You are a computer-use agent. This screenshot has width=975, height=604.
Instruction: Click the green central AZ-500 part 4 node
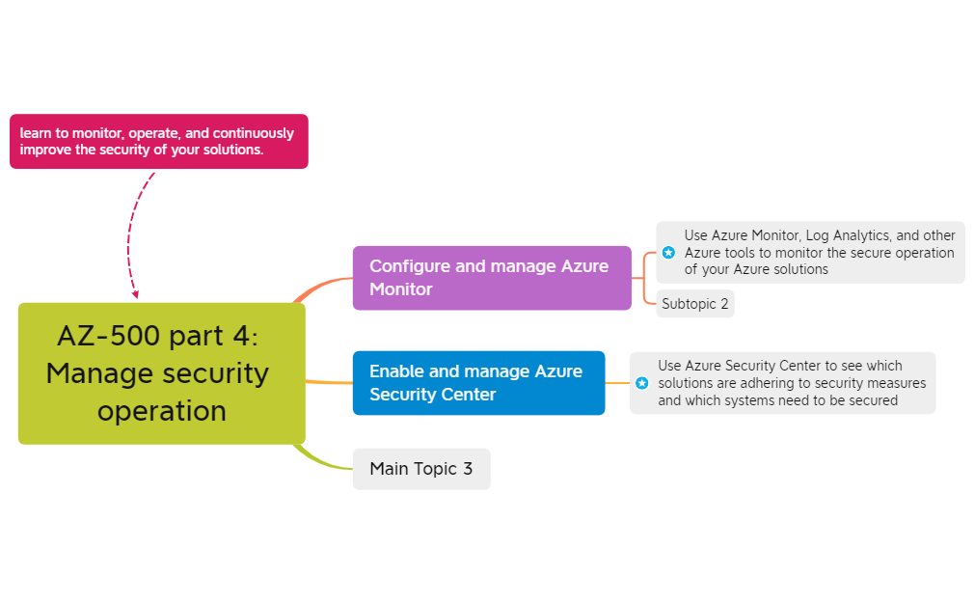161,373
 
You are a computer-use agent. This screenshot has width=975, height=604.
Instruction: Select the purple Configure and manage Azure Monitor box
491,278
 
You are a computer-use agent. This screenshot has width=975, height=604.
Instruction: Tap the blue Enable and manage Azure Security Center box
478,383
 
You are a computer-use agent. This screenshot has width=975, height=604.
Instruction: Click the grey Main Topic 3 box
421,469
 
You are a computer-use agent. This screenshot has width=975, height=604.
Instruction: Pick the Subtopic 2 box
695,304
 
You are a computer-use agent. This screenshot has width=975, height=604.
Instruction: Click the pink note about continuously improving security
158,142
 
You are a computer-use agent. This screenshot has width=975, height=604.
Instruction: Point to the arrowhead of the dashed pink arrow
136,293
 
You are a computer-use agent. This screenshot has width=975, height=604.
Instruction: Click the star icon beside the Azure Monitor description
668,253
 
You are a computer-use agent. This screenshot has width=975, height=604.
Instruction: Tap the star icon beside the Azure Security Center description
641,383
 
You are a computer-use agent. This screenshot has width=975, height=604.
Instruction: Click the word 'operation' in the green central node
161,411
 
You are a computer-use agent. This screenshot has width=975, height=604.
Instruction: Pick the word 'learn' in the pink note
36,133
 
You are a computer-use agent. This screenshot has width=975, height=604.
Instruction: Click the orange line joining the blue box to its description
617,383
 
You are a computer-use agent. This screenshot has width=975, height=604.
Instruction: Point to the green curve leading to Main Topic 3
323,462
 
